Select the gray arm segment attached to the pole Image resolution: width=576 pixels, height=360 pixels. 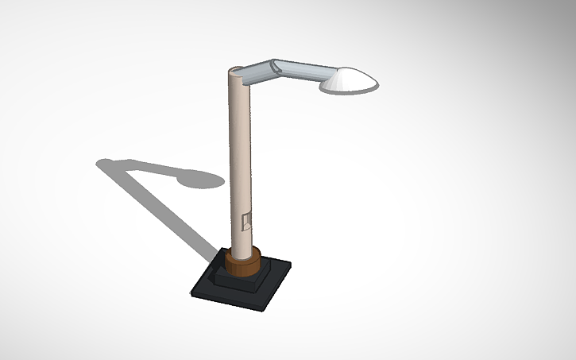(257, 73)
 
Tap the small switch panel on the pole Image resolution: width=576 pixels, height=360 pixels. (246, 221)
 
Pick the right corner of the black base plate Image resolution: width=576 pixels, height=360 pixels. (289, 263)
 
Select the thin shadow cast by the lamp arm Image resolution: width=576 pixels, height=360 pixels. (147, 167)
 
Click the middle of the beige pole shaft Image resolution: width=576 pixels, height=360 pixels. (240, 159)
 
